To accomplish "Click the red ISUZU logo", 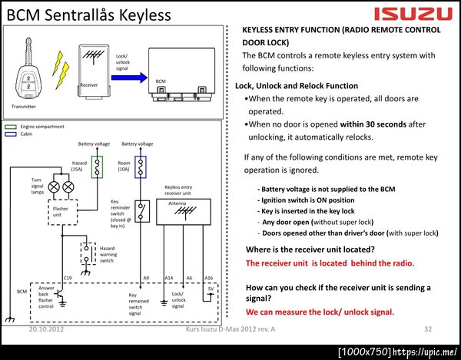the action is pos(413,15).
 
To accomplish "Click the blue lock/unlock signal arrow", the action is pos(129,78).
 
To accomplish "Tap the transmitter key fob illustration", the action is pos(28,70).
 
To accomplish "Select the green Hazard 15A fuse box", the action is pos(97,167).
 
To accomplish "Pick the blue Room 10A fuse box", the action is pos(141,167).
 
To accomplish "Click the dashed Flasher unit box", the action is pos(63,212).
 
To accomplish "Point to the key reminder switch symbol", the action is pos(142,211).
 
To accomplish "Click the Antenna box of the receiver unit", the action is pos(184,212).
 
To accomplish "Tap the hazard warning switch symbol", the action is pos(88,254).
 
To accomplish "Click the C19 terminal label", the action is pos(68,278).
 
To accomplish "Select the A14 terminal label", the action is pos(169,278).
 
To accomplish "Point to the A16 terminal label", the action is pos(208,278).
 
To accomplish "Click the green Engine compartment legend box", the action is pos(11,127).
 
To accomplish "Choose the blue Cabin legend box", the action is pos(11,134).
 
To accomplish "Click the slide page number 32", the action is pos(428,329).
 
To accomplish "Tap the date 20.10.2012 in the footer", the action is pos(46,329).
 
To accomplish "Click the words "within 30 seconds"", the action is pos(373,124).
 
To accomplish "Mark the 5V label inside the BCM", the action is pos(211,289).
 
